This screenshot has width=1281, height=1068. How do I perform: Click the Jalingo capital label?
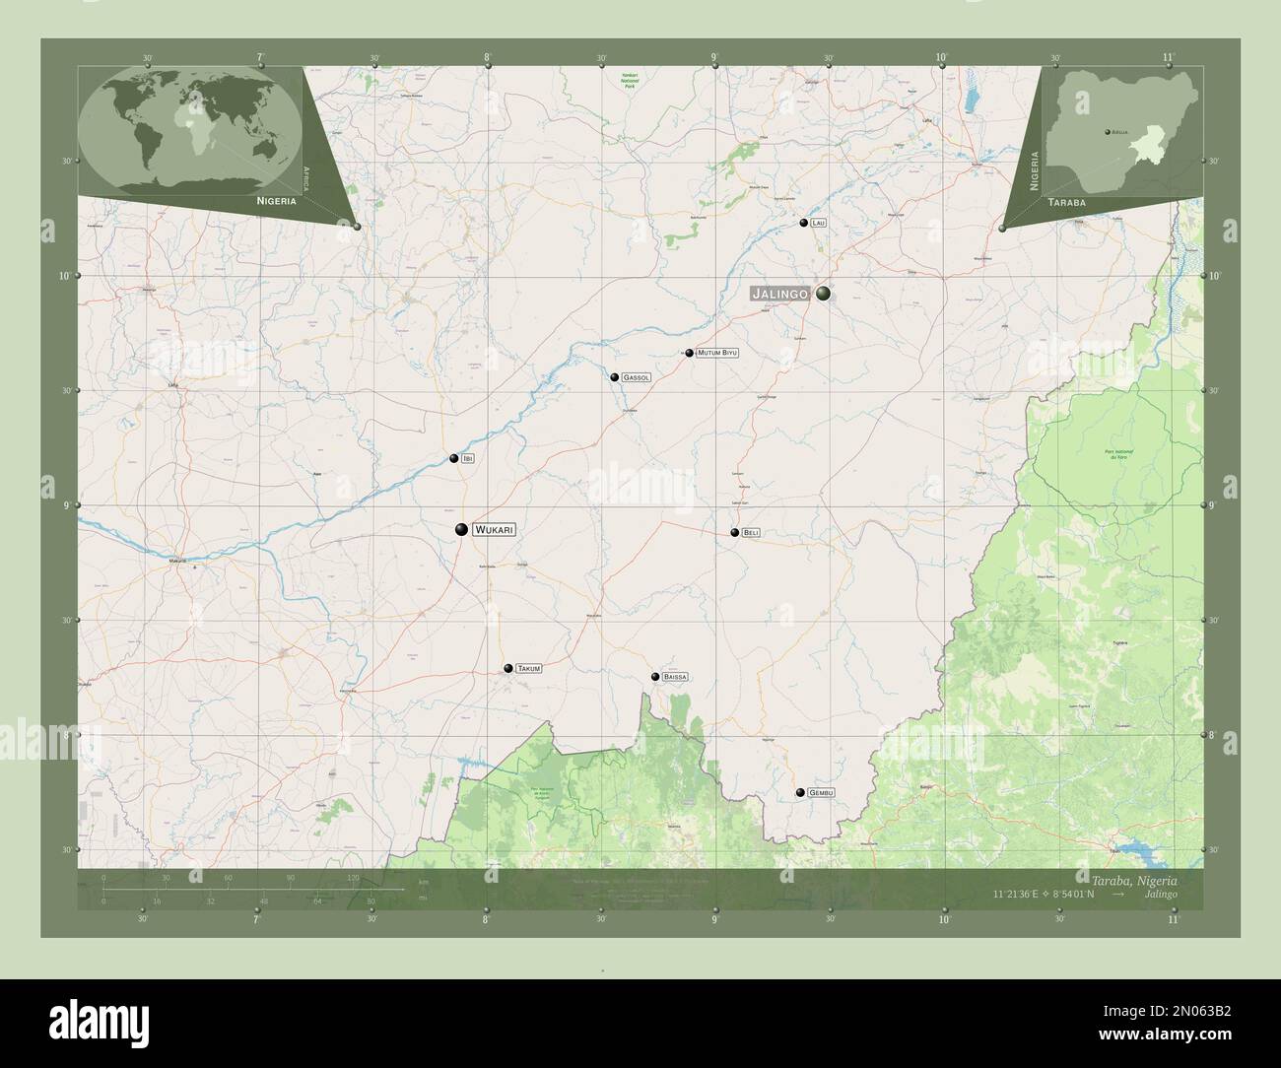pyautogui.click(x=779, y=294)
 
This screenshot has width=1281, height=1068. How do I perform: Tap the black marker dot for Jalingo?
pyautogui.click(x=823, y=294)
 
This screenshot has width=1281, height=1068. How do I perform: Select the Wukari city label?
pyautogui.click(x=494, y=530)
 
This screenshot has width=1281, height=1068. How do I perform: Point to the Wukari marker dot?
pyautogui.click(x=461, y=530)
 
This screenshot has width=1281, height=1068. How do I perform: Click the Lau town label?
pyautogui.click(x=819, y=224)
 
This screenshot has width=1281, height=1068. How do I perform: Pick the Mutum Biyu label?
pyautogui.click(x=716, y=353)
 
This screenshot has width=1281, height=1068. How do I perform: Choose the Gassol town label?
pyautogui.click(x=636, y=377)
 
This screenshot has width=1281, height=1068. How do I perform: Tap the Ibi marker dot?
pyautogui.click(x=454, y=459)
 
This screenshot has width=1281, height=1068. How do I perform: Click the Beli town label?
pyautogui.click(x=751, y=533)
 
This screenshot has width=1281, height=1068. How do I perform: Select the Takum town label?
pyautogui.click(x=528, y=669)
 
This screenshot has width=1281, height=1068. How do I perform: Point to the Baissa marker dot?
pyautogui.click(x=655, y=677)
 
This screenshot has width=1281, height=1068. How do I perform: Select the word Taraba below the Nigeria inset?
pyautogui.click(x=1068, y=200)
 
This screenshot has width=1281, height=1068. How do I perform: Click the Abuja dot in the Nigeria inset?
pyautogui.click(x=1107, y=131)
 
